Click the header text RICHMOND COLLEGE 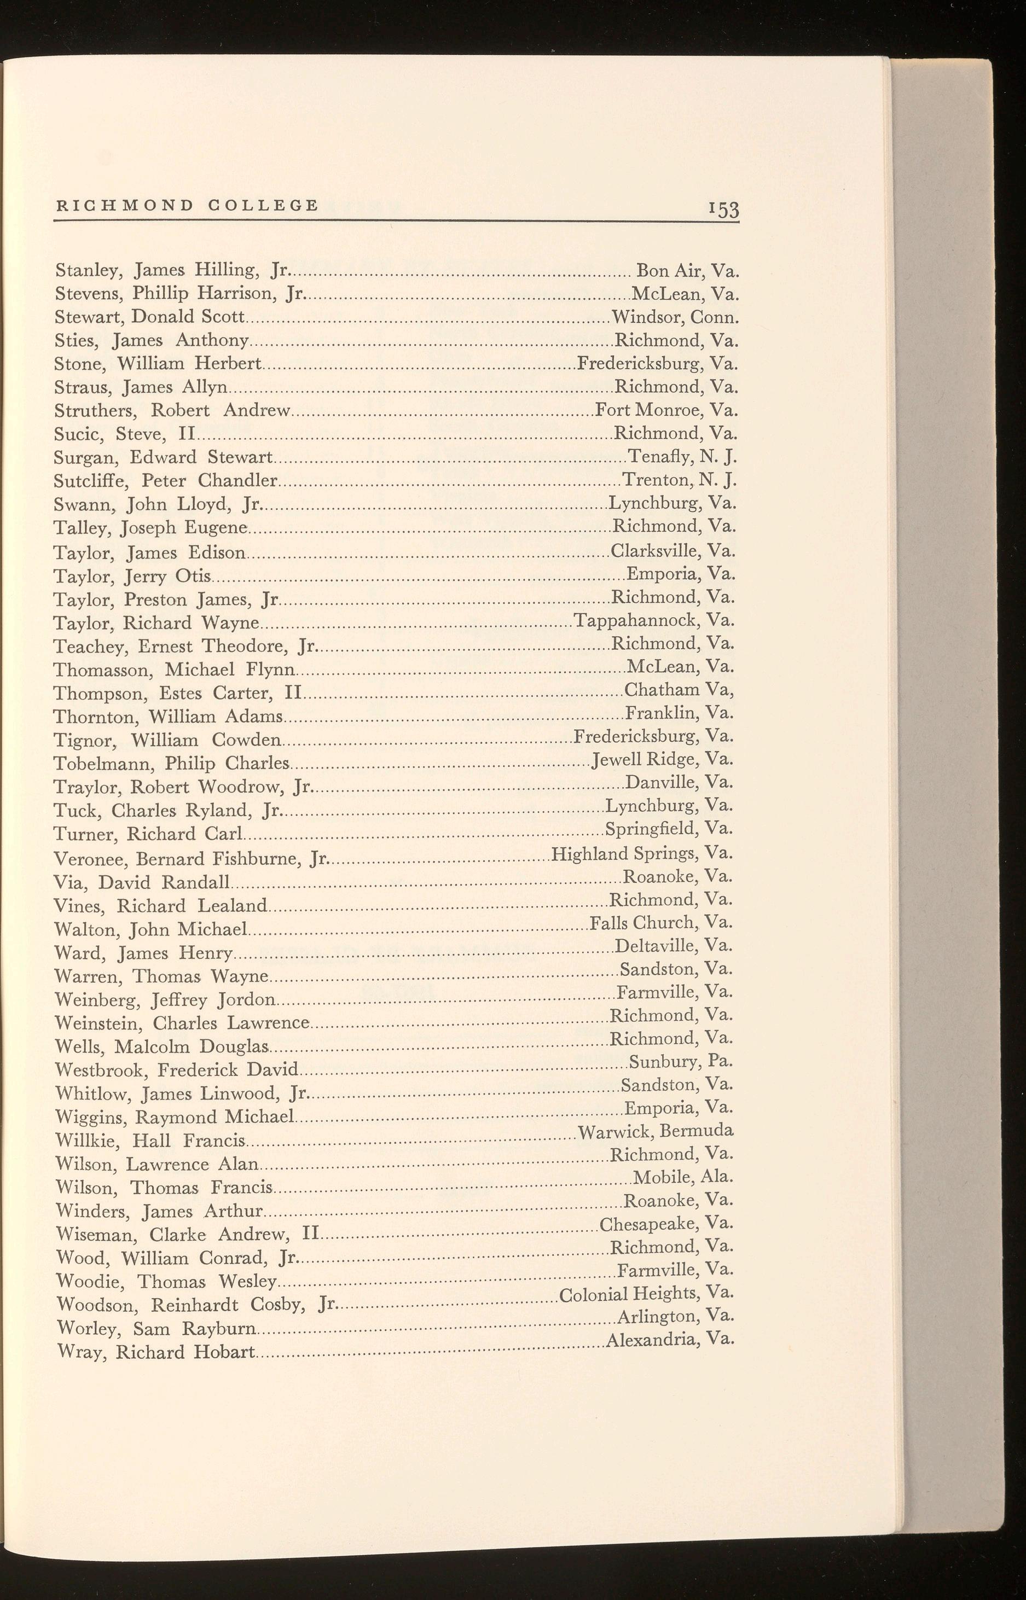(187, 205)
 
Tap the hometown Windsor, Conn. (675, 316)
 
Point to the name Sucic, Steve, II (123, 435)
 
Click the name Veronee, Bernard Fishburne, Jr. (191, 859)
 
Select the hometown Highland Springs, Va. (642, 853)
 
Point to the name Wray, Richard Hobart (156, 1352)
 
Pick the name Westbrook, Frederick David (177, 1070)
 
